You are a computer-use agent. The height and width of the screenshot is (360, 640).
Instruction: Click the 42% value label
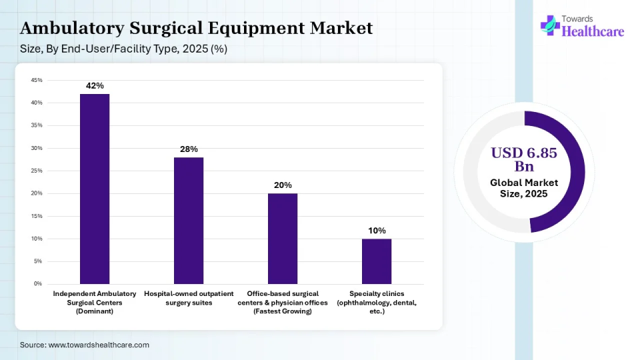point(95,86)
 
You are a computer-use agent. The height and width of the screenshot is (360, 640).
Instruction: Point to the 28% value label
point(189,149)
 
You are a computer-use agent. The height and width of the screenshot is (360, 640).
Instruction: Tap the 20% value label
point(283,185)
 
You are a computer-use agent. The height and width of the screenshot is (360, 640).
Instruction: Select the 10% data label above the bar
point(377,231)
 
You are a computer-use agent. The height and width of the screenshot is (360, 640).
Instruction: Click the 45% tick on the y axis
point(37,80)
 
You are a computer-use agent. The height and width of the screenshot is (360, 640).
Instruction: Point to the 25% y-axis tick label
point(37,171)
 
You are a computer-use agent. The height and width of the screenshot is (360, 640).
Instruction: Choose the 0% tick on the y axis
point(38,284)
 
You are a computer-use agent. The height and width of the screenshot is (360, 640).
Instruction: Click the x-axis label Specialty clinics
point(377,302)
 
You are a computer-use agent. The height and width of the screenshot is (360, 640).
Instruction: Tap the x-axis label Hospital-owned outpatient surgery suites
point(189,298)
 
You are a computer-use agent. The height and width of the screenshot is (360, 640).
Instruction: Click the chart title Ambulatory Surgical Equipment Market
point(197,29)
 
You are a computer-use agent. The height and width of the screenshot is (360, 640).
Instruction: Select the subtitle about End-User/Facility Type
point(124,49)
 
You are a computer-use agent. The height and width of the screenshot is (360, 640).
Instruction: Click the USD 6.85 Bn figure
point(524,159)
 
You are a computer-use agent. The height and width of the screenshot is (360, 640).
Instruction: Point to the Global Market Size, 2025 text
point(524,188)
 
